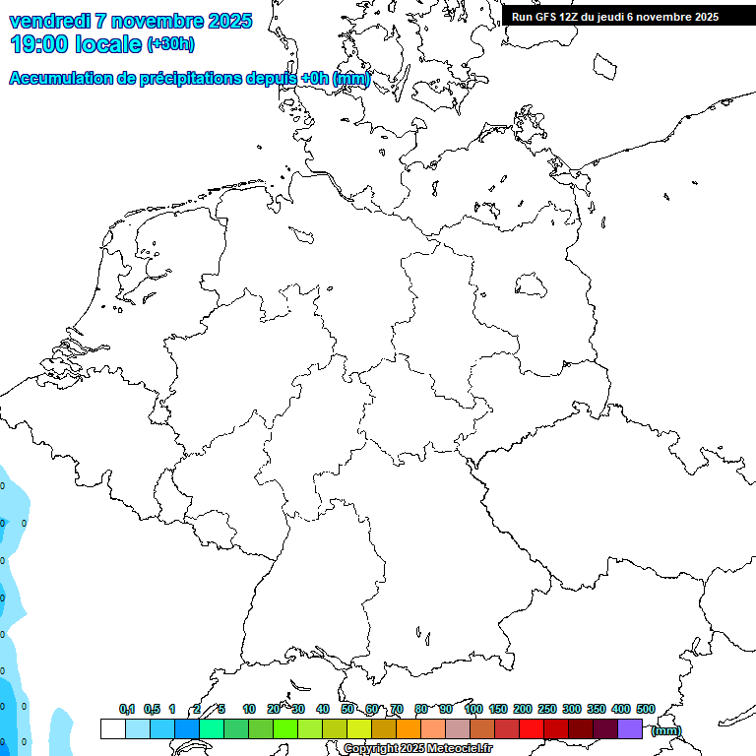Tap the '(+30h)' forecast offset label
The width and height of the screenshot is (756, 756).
coord(170,44)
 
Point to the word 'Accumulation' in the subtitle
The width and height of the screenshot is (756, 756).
coord(60,78)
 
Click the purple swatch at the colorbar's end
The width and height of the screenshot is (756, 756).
coord(630,729)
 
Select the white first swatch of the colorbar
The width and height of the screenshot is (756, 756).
coord(112,729)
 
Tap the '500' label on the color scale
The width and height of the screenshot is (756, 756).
coord(645,709)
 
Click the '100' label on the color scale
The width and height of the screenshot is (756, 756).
coord(472,709)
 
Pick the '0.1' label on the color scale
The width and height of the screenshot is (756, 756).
coord(127,709)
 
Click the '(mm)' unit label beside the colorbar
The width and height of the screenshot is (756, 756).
coord(666,730)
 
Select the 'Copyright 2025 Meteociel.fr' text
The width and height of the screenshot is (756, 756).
coord(417,749)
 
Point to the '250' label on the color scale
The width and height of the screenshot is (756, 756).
coord(546,709)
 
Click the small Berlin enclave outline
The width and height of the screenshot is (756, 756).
coord(532,284)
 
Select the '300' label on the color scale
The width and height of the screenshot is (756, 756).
coord(571,709)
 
